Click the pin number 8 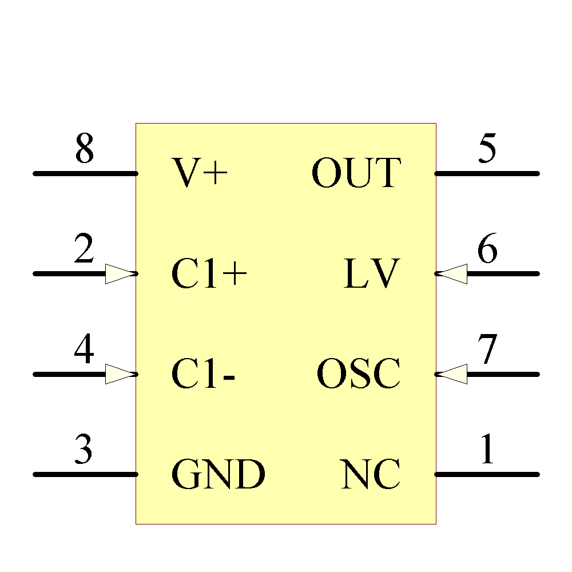pyautogui.click(x=84, y=149)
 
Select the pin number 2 pyautogui.click(x=84, y=250)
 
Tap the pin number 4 pyautogui.click(x=84, y=351)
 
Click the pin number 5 pyautogui.click(x=487, y=149)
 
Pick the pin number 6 pyautogui.click(x=487, y=250)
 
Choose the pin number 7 pyautogui.click(x=487, y=351)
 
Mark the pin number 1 pyautogui.click(x=487, y=451)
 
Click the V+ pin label pyautogui.click(x=200, y=173)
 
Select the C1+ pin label pyautogui.click(x=209, y=273)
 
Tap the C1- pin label pyautogui.click(x=204, y=374)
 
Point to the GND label pyautogui.click(x=219, y=475)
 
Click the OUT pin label pyautogui.click(x=356, y=173)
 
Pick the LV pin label pyautogui.click(x=370, y=273)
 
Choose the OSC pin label pyautogui.click(x=359, y=374)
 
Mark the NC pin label pyautogui.click(x=370, y=475)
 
